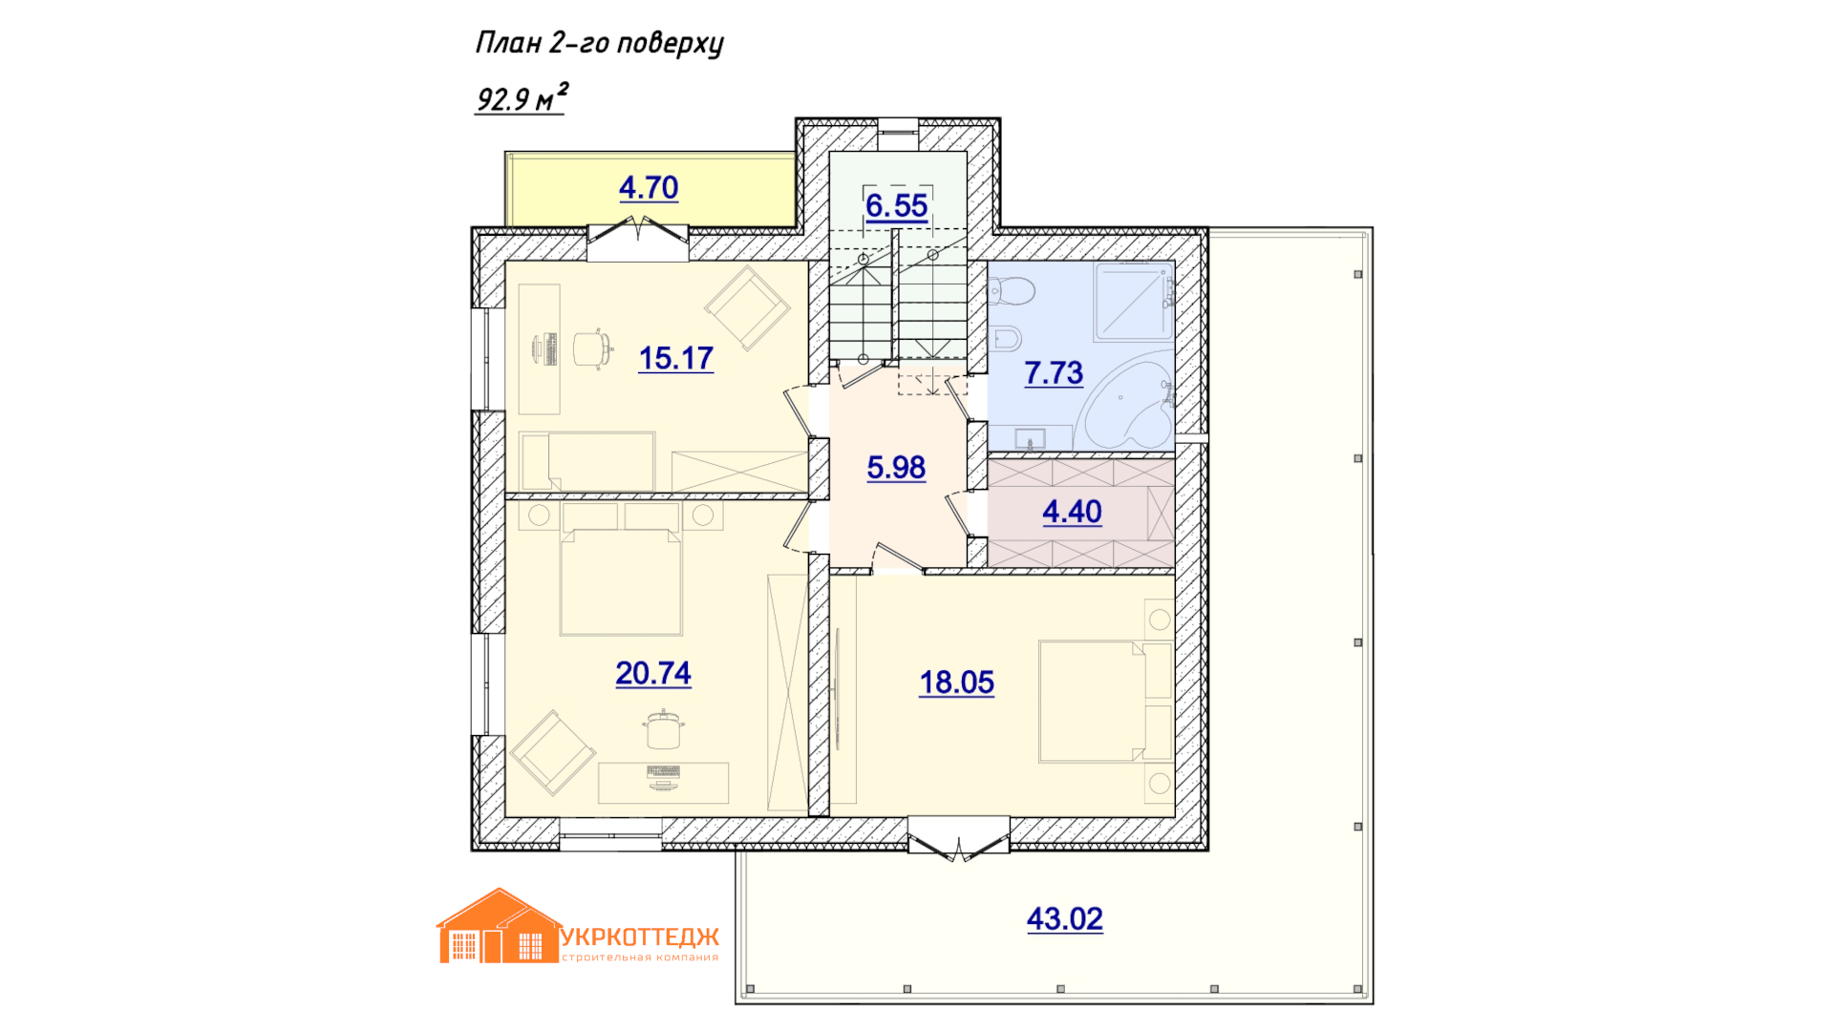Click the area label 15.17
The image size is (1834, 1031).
coord(676,358)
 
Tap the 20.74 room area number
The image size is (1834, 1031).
coord(653,673)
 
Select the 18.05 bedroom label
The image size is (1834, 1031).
coord(957,683)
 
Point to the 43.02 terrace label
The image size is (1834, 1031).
coord(1065,918)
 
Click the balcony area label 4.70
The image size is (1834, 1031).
coord(649,187)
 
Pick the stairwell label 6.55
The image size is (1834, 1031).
coord(897,205)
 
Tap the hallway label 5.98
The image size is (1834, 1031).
coord(896,467)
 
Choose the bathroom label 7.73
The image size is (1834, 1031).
coord(1054,372)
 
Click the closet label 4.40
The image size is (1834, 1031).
coord(1072,512)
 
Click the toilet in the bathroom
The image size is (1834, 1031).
coord(1012,290)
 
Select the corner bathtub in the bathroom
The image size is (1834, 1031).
coord(1127,406)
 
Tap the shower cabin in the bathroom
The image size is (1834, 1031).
coord(1135,301)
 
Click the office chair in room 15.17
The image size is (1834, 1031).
coord(592,348)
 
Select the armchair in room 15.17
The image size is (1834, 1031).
coord(747,307)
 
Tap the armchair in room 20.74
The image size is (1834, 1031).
coord(553,752)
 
